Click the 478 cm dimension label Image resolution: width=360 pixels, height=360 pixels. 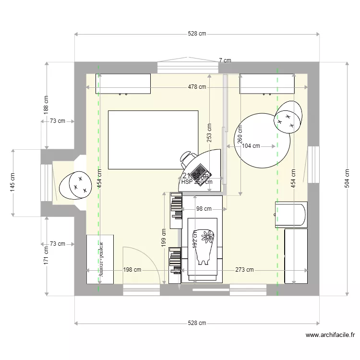tap(197, 87)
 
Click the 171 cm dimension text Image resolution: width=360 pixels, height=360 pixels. tap(46, 255)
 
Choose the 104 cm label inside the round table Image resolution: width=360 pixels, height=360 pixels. tap(251, 146)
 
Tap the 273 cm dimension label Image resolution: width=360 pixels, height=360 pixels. tap(244, 270)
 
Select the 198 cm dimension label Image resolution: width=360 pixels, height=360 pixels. tap(132, 270)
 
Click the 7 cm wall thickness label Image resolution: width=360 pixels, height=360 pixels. tap(225, 60)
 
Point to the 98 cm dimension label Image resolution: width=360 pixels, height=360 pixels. tap(204, 209)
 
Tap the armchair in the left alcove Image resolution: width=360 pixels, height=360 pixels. tap(76, 185)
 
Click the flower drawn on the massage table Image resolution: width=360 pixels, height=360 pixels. tap(207, 236)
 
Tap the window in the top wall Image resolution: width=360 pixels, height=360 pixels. tap(185, 67)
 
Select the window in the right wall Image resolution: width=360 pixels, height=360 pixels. tap(313, 161)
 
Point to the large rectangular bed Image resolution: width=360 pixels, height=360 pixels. tap(153, 140)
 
